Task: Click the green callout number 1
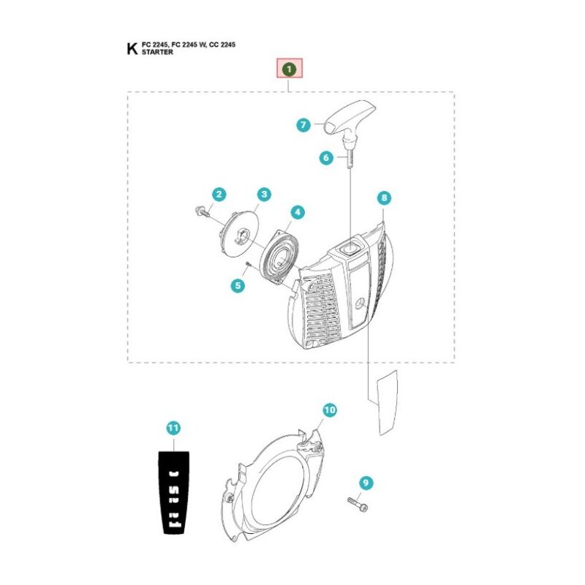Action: pyautogui.click(x=289, y=69)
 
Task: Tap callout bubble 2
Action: pyautogui.click(x=219, y=194)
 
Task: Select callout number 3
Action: pyautogui.click(x=264, y=194)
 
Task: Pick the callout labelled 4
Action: pyautogui.click(x=298, y=212)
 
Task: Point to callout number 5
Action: pyautogui.click(x=238, y=286)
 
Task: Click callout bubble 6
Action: pyautogui.click(x=326, y=157)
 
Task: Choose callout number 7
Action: pyautogui.click(x=303, y=124)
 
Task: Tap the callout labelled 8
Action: pyautogui.click(x=385, y=197)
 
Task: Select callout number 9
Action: pyautogui.click(x=366, y=483)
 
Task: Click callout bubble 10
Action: pyautogui.click(x=330, y=410)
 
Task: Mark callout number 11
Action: pyautogui.click(x=173, y=428)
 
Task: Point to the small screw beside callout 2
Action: pyautogui.click(x=203, y=212)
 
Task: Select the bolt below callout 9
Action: pyautogui.click(x=358, y=504)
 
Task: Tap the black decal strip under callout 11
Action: pyautogui.click(x=174, y=492)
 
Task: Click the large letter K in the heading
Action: pyautogui.click(x=132, y=48)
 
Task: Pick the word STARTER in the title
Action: pyautogui.click(x=157, y=52)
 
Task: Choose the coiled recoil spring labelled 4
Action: pyautogui.click(x=280, y=257)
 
